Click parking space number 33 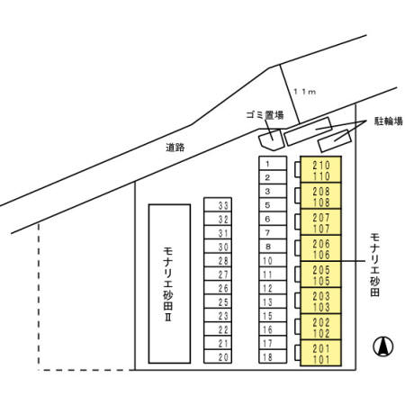(218, 204)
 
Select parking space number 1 (273, 164)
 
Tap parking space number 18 (273, 356)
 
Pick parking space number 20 (218, 356)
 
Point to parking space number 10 (273, 260)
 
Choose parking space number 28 (218, 260)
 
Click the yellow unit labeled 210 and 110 (320, 169)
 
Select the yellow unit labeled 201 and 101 (320, 353)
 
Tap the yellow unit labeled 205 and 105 (320, 274)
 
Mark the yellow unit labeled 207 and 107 (320, 222)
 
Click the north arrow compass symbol (383, 346)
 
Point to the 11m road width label (304, 92)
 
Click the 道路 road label (175, 148)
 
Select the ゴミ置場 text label (265, 115)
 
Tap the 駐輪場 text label (389, 121)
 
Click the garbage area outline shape (272, 140)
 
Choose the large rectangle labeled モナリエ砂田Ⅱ (169, 283)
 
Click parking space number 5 (273, 205)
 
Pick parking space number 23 (218, 315)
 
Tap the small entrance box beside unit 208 (298, 195)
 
